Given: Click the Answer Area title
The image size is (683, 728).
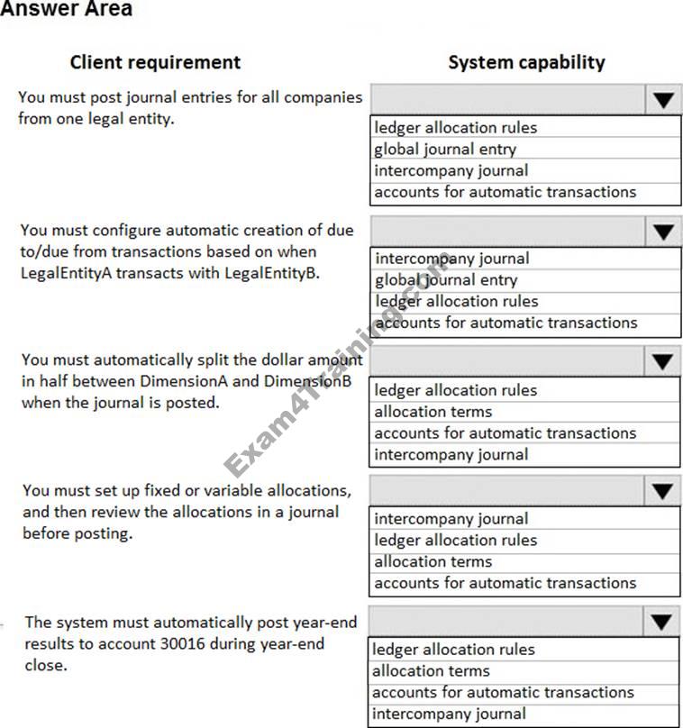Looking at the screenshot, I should pos(66,10).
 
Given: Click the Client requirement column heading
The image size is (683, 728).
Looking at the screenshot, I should pos(155,62).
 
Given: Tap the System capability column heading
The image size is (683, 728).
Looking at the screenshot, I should pos(526,62).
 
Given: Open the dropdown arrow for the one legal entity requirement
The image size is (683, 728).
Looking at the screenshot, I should pos(663,100).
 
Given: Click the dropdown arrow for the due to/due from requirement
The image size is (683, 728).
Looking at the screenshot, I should pos(663,232).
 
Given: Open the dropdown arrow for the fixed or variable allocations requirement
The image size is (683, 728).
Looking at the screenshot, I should pos(663,491).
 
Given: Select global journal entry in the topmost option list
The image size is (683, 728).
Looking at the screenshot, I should pos(445,150).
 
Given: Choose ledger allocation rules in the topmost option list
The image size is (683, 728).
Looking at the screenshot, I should pos(455,128).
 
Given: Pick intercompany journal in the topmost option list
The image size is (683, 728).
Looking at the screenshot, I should pos(451,170).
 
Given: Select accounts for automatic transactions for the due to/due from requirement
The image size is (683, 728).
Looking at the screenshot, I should pos(505,323).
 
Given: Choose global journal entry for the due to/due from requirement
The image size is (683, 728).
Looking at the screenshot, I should pos(446,280).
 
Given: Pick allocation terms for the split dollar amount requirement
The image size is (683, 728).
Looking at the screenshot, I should pos(433,412).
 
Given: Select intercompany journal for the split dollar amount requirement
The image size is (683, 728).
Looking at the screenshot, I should pos(451,454).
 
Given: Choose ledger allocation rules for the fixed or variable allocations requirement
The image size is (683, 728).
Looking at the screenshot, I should pos(455,540).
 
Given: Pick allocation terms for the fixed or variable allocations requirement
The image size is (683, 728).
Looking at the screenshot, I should pos(433,561).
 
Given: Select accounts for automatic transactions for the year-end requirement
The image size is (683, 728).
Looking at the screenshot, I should pos(503,692).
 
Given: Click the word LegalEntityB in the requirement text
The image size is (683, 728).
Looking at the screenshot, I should pos(272,273).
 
